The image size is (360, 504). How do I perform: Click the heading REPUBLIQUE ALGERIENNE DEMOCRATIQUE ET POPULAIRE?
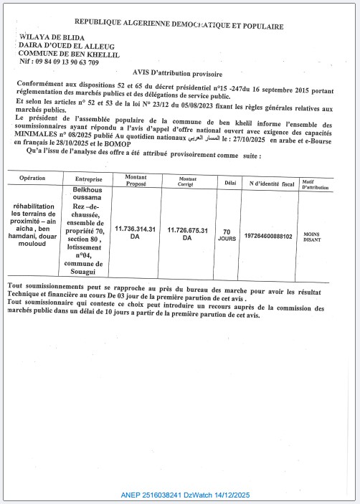pyautogui.click(x=179, y=27)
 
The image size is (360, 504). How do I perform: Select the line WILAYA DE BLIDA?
pyautogui.click(x=52, y=37)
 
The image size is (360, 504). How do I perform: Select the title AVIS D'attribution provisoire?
pyautogui.click(x=178, y=74)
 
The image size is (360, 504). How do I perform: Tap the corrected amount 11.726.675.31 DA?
pyautogui.click(x=187, y=234)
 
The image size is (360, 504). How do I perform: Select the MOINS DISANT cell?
pyautogui.click(x=313, y=237)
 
